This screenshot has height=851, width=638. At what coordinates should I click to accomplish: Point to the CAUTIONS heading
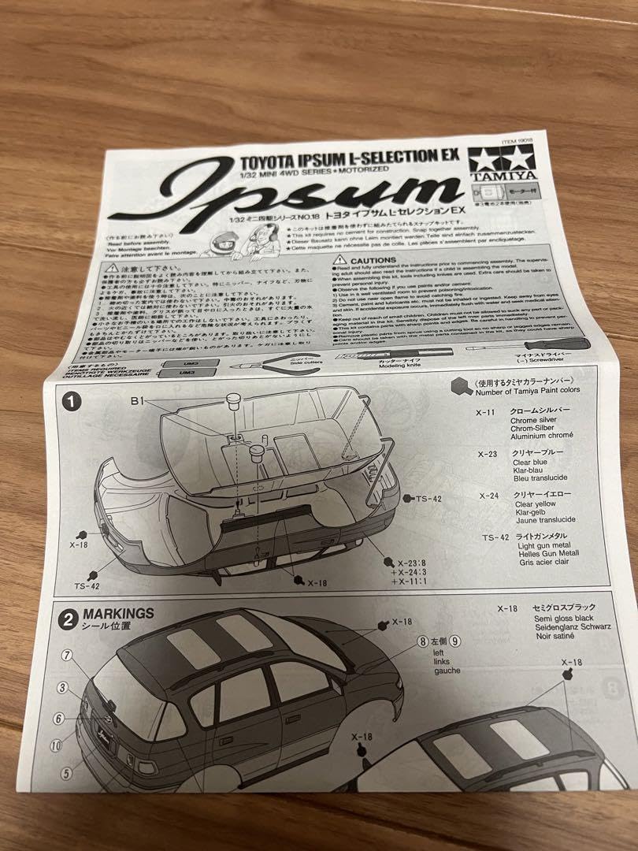(x=373, y=259)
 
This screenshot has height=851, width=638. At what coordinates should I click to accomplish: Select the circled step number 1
(x=72, y=401)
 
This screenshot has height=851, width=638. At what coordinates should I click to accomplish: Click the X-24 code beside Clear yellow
(x=491, y=495)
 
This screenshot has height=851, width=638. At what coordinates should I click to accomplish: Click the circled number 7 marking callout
(x=67, y=655)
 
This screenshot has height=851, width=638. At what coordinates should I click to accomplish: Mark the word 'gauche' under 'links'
(x=447, y=671)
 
